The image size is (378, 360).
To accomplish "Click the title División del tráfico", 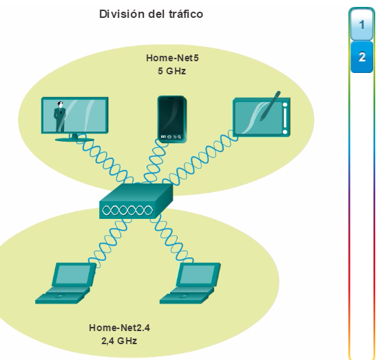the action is (151, 14).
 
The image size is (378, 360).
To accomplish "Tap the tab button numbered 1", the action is (361, 25).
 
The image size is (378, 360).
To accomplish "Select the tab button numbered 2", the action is (361, 57).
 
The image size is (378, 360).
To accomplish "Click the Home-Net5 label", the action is (172, 58).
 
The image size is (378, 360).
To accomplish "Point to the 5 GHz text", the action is (172, 71).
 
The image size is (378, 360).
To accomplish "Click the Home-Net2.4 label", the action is (119, 328).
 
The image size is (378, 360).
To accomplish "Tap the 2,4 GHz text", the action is (119, 341).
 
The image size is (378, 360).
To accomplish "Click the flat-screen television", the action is (75, 119).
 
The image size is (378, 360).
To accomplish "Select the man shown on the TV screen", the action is (59, 116).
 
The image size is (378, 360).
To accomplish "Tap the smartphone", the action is (172, 119).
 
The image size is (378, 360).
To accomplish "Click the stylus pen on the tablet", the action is (270, 106).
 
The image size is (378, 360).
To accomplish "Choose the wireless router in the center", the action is (136, 201).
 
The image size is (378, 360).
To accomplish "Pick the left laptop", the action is (65, 284).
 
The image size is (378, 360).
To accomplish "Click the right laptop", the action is (190, 284).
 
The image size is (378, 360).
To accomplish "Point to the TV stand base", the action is (74, 140).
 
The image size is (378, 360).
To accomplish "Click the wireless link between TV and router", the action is (105, 160).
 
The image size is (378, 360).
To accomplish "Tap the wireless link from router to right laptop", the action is (171, 240).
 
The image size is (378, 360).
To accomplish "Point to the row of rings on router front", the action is (127, 211).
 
